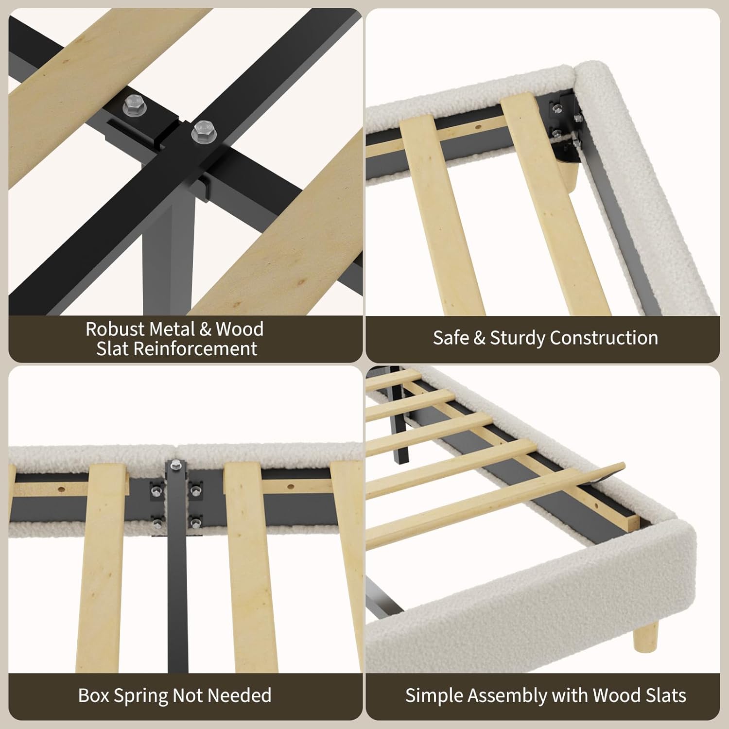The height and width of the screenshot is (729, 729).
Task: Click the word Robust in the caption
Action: (x=115, y=329)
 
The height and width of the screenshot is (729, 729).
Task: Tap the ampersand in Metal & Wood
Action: (x=206, y=329)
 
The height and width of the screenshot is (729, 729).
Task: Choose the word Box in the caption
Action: (x=94, y=695)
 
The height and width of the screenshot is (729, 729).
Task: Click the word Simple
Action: (x=434, y=696)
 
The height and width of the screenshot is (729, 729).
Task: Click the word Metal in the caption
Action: (x=172, y=329)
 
